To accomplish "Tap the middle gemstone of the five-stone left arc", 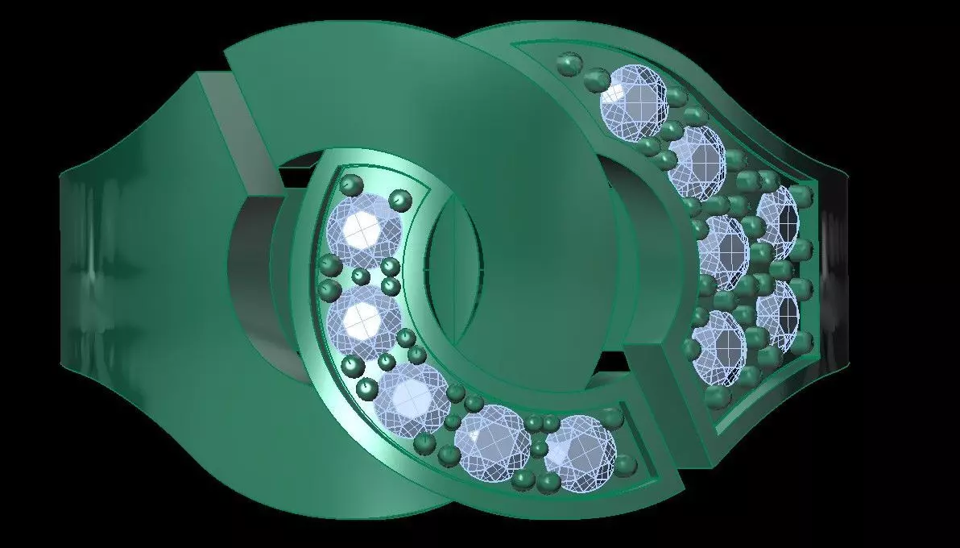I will (x=411, y=397).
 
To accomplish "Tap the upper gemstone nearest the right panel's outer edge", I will (x=777, y=221).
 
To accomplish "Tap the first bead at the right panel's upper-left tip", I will (x=570, y=64).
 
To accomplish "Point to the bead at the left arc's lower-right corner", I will (x=626, y=466).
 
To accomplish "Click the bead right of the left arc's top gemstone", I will (x=400, y=199).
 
